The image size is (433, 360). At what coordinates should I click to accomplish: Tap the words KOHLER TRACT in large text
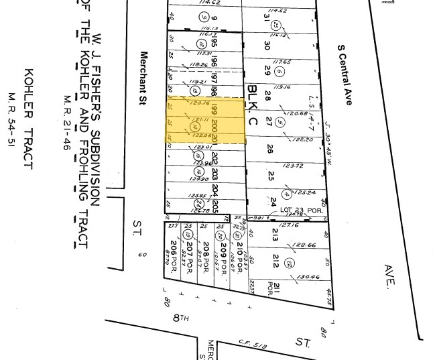29,118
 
